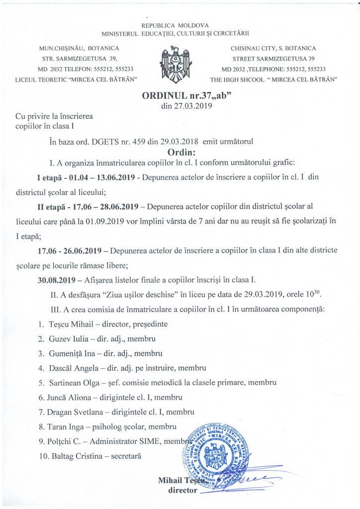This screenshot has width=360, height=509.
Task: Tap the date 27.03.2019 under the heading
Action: (x=180, y=106)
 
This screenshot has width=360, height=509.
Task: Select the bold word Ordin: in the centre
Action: (x=180, y=152)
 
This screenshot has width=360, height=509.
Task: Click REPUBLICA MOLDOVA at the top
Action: (x=175, y=25)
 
